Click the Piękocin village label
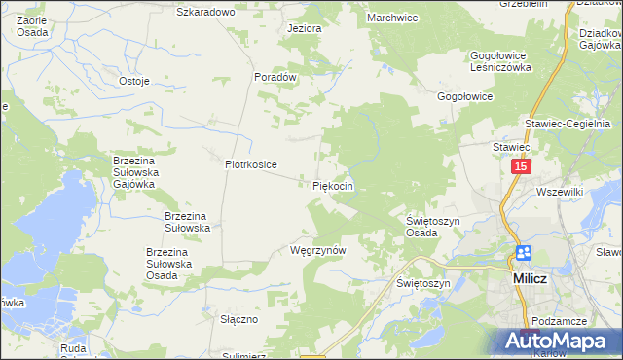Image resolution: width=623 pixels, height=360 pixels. click(332, 185)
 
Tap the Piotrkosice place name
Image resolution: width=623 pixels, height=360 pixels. click(251, 165)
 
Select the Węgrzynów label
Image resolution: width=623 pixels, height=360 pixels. click(318, 250)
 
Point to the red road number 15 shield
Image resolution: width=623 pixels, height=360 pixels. click(521, 168)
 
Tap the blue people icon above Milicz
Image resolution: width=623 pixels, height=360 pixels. click(523, 253)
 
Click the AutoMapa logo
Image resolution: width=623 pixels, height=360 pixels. click(556, 340)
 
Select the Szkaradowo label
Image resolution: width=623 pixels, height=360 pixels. click(206, 12)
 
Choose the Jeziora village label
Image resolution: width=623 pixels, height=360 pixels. click(304, 28)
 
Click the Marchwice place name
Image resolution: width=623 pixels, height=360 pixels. click(392, 18)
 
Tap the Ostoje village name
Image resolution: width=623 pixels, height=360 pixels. click(133, 81)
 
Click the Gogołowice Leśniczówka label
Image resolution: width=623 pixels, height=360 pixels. click(500, 62)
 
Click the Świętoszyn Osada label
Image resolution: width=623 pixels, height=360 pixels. click(432, 228)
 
